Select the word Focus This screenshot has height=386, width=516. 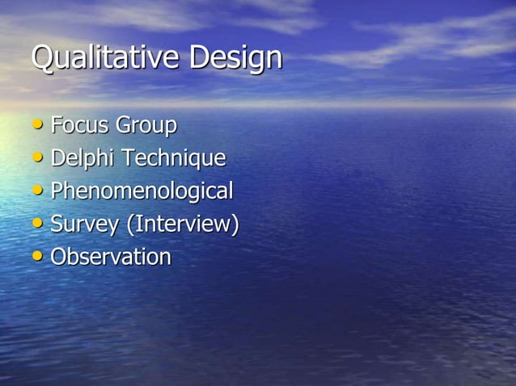(80, 126)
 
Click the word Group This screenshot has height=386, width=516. (146, 127)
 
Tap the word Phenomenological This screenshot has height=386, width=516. (142, 192)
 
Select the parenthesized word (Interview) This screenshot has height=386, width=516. (182, 224)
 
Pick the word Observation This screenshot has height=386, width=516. (111, 258)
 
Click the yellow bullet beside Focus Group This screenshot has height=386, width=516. (39, 126)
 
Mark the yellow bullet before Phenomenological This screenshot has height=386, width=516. (39, 191)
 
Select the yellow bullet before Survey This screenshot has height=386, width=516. (39, 224)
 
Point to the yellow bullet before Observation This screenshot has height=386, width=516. (39, 257)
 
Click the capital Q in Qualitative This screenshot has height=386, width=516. (43, 58)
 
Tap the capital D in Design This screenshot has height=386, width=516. (200, 57)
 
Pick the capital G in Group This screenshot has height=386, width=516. (124, 126)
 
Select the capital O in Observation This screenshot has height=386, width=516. (59, 258)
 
